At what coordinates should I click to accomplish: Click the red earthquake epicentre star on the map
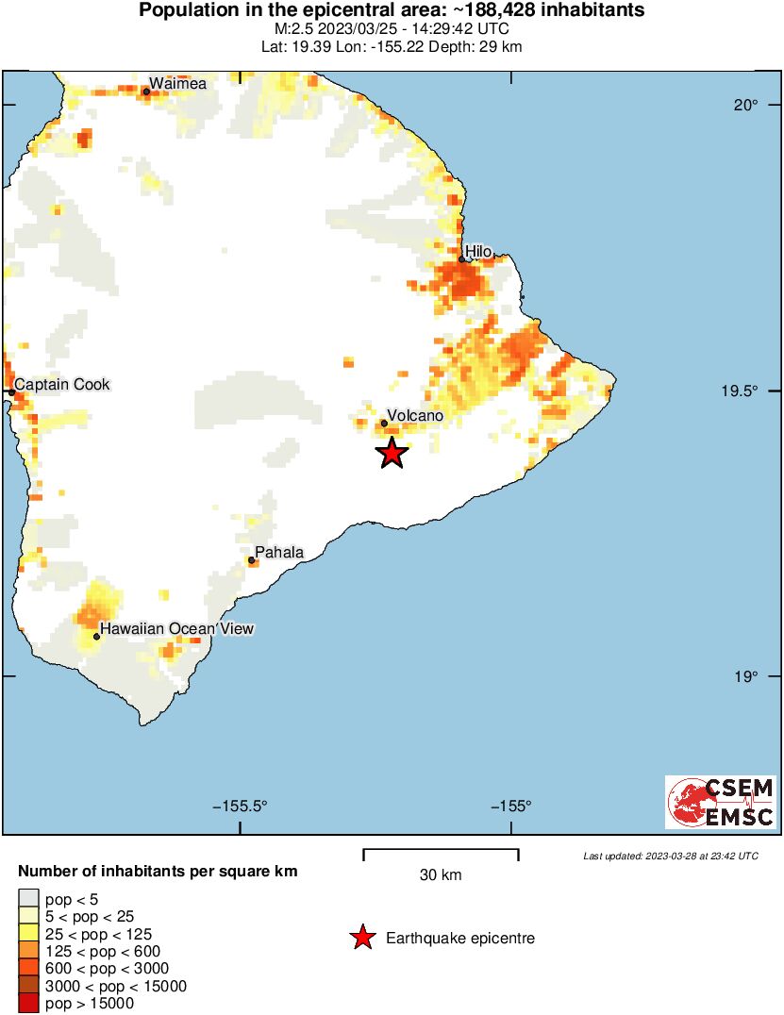pyautogui.click(x=392, y=453)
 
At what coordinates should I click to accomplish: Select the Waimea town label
pyautogui.click(x=177, y=83)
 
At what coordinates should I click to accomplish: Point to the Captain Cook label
pyautogui.click(x=62, y=384)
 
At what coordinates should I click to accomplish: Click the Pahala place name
pyautogui.click(x=280, y=553)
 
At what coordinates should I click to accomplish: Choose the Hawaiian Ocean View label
pyautogui.click(x=177, y=628)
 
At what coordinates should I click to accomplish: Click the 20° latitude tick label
pyautogui.click(x=748, y=105)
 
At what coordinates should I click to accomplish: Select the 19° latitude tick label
pyautogui.click(x=748, y=676)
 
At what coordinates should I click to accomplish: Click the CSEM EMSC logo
pyautogui.click(x=722, y=803)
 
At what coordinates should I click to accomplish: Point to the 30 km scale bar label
pyautogui.click(x=441, y=875)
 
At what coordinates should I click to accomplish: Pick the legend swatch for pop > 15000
pyautogui.click(x=29, y=1004)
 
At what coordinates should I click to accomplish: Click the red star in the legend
pyautogui.click(x=361, y=938)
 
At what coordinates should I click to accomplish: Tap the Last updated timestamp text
pyautogui.click(x=670, y=856)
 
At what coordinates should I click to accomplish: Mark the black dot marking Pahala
pyautogui.click(x=252, y=560)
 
